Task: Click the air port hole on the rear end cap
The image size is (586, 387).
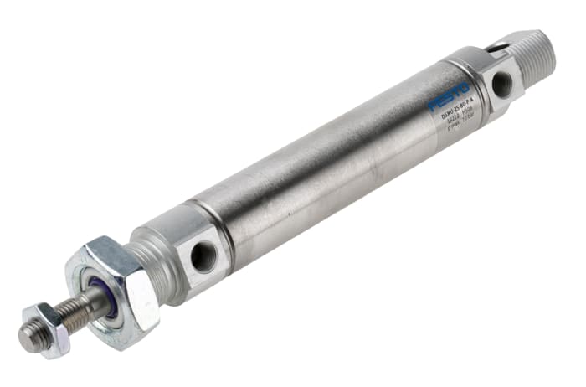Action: pos(502,83)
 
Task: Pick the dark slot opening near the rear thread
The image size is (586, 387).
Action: pos(501,49)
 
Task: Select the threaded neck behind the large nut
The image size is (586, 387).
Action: pos(155,255)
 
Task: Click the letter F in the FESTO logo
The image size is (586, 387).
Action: pos(434,106)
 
